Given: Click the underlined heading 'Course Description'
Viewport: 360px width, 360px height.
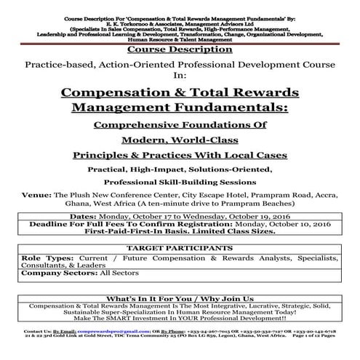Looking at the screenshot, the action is (180, 50).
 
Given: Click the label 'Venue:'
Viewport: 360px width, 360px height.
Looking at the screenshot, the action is (41, 194).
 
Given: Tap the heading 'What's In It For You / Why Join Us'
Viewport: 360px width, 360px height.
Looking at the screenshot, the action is (180, 298).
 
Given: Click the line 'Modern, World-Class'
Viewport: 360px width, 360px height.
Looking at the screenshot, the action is (180, 139).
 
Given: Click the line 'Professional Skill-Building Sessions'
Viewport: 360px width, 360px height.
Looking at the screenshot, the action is (180, 182).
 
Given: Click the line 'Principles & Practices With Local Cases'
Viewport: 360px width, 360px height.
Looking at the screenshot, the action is (180, 154).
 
